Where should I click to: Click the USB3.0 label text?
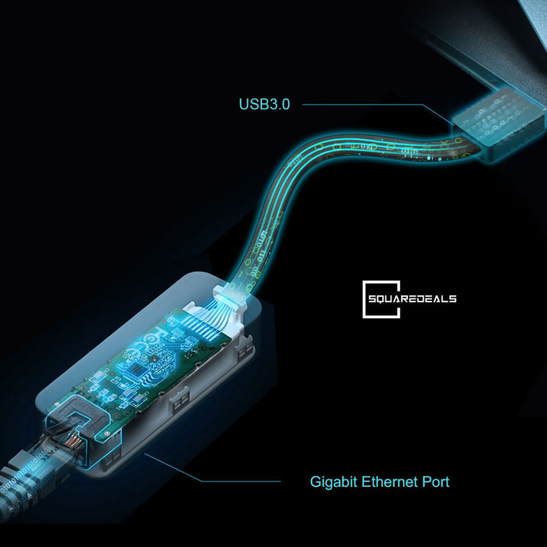[264, 104]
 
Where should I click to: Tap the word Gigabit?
[334, 482]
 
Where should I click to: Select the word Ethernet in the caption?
[390, 482]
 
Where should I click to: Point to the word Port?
[436, 482]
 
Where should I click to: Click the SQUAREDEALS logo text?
[413, 299]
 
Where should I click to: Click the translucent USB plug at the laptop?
[499, 123]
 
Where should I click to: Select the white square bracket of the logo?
[381, 299]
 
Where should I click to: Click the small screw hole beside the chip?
[153, 358]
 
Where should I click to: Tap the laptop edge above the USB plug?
[488, 52]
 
